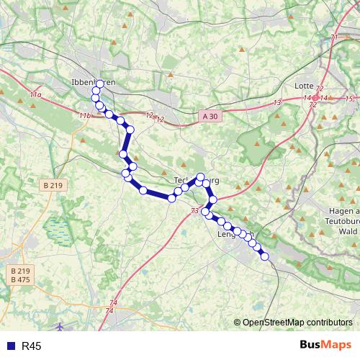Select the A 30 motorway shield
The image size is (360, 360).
(x=207, y=115)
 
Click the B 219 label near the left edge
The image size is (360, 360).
(x=52, y=185)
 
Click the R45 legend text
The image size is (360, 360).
(x=32, y=346)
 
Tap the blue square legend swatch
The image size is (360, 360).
(x=9, y=346)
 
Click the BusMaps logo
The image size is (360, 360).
(x=326, y=346)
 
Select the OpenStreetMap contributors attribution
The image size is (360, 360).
(x=297, y=323)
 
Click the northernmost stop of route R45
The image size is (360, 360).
(x=99, y=84)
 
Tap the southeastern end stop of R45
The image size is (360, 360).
(x=264, y=256)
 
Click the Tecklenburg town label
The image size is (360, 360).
(x=197, y=180)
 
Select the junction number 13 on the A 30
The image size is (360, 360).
(x=277, y=104)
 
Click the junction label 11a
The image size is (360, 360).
(x=36, y=94)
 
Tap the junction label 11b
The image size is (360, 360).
(x=85, y=115)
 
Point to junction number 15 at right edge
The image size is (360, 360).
(x=350, y=99)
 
